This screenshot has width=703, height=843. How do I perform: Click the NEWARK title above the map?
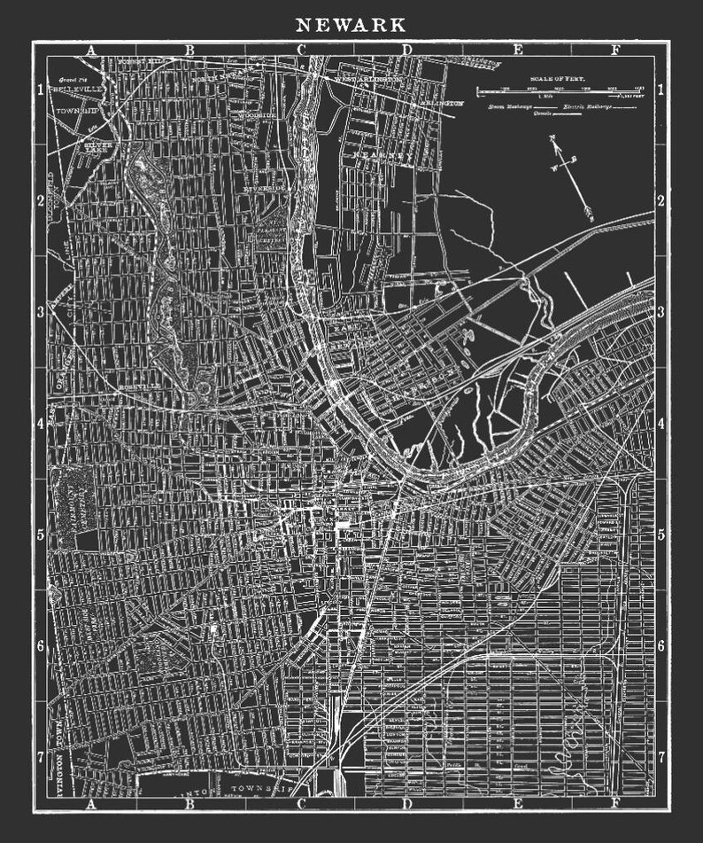351,24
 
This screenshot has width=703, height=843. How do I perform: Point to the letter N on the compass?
551,138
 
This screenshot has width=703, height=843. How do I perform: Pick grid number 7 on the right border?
661,756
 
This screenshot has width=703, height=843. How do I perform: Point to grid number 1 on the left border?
40,90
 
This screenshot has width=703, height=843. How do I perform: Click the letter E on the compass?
574,160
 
